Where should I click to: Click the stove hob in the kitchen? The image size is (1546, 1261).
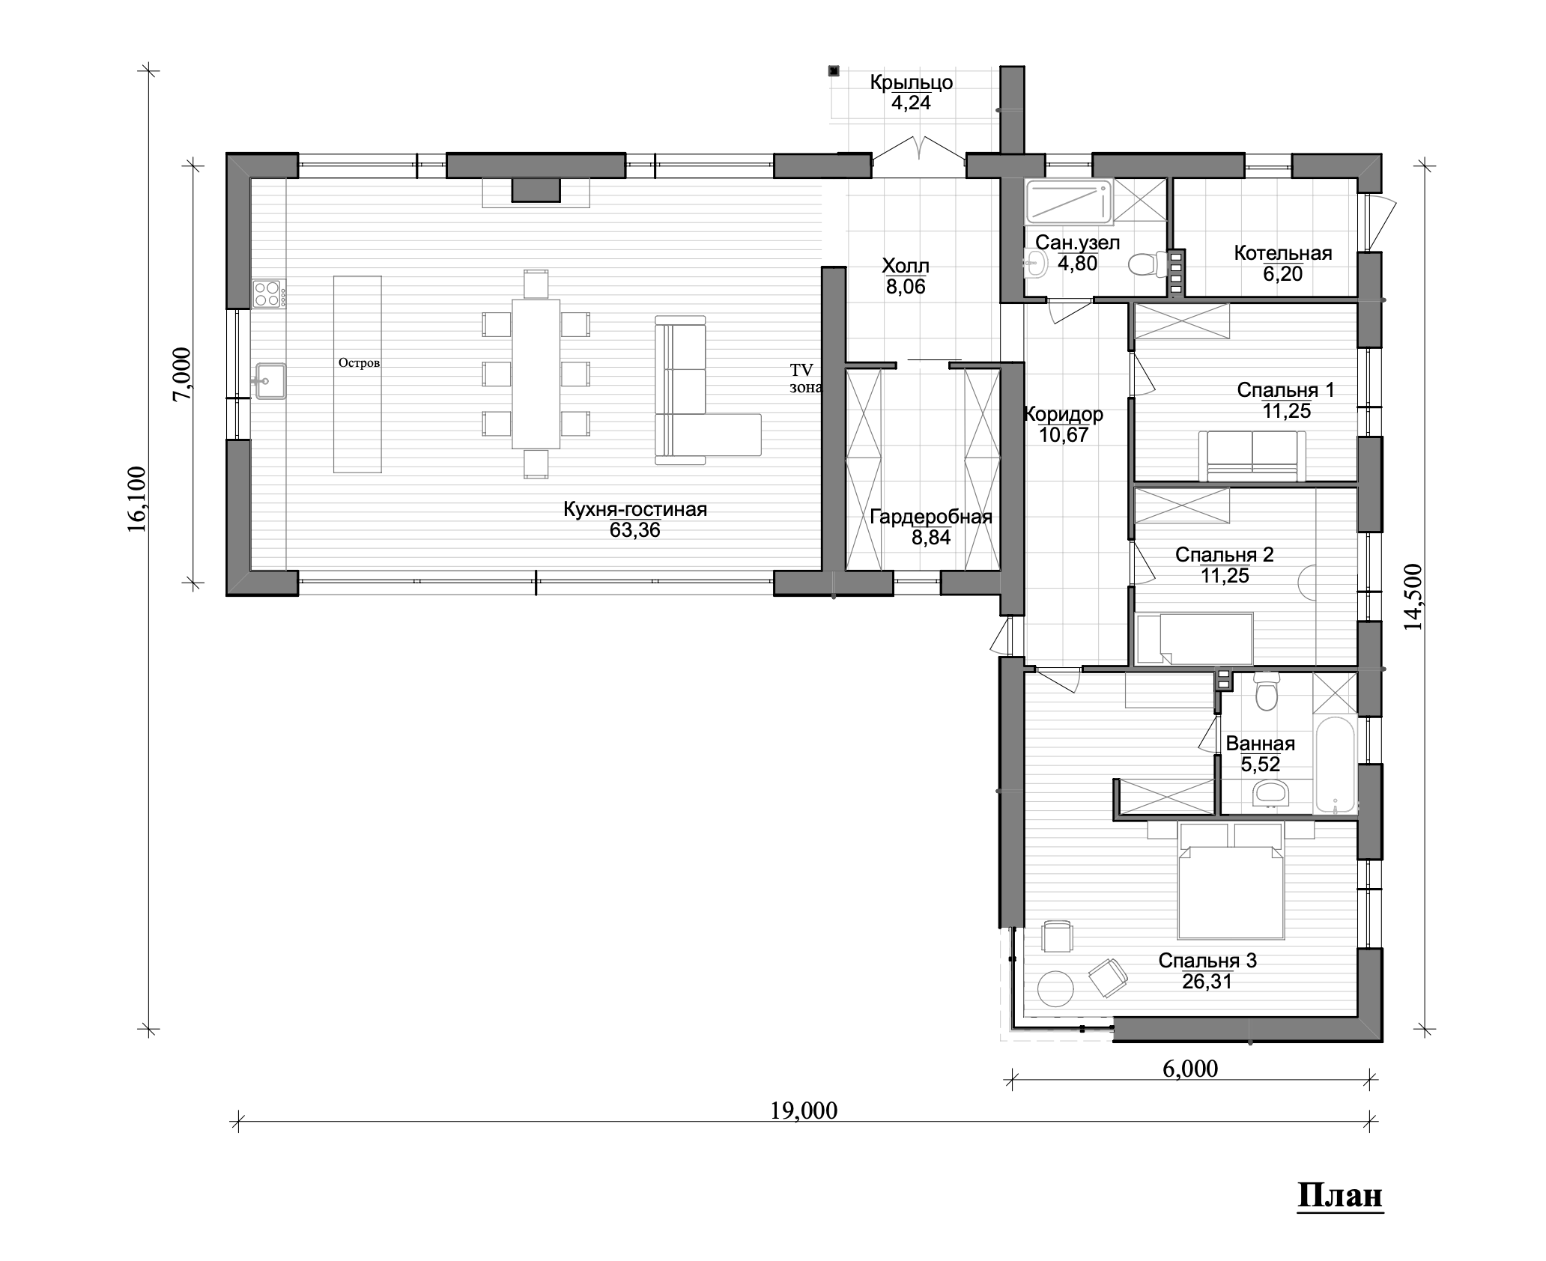(268, 294)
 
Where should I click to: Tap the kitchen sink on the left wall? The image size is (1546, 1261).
(270, 381)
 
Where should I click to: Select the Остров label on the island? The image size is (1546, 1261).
(359, 363)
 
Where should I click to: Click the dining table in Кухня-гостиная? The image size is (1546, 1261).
(536, 374)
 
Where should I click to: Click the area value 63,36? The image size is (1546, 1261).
(635, 531)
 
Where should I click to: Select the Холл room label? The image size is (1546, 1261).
(906, 266)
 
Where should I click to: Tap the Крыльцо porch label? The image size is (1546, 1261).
(912, 82)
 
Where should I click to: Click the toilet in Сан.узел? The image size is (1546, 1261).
(1144, 264)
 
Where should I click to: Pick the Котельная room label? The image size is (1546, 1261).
(1283, 253)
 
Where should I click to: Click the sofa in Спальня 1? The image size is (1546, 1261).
(1252, 456)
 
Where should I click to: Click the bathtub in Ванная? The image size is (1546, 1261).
(1336, 766)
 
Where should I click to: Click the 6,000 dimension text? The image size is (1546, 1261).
(1190, 1069)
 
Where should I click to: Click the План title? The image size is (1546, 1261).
(1340, 1216)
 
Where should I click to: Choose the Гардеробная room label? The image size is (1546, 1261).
(931, 517)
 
